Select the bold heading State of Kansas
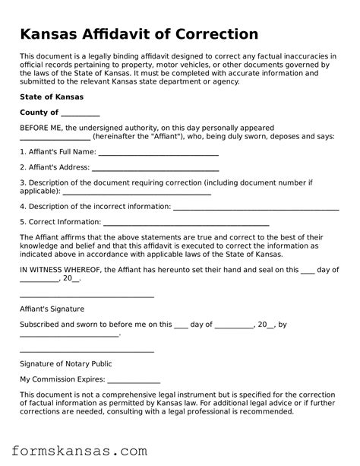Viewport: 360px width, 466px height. click(x=52, y=97)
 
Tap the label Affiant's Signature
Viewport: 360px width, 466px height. click(x=52, y=309)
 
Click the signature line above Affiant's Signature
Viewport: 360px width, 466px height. click(x=87, y=296)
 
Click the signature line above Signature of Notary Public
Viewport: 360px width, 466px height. click(x=87, y=350)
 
